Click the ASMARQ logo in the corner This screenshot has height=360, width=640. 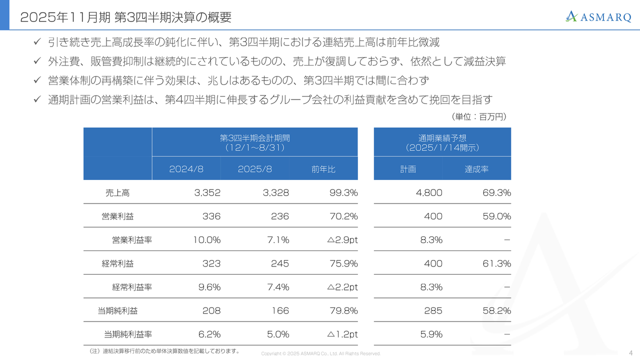coord(598,16)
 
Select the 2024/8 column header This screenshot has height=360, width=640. coord(186,169)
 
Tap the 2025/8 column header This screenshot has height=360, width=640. coord(254,169)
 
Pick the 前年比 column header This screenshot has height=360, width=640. coord(323,169)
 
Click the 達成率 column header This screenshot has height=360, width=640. coord(476,169)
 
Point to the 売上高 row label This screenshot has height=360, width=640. coord(117,192)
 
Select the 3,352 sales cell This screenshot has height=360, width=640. coord(207,192)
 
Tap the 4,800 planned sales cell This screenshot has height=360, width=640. coord(429,192)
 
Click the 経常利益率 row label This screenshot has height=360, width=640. coord(132,287)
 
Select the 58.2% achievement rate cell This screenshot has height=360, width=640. coord(496,310)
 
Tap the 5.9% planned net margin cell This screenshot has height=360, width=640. coord(431,334)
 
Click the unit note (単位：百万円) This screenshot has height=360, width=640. coord(479,116)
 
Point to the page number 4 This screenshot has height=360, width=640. coord(630,353)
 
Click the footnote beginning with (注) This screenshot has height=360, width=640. coord(161,351)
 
